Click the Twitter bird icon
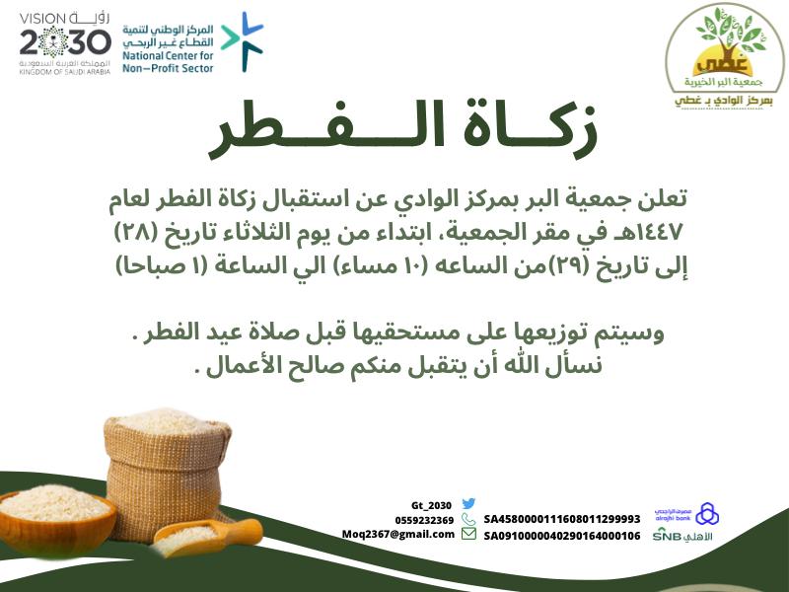pos(469,504)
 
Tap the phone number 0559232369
pos(425,520)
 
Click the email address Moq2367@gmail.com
pos(398,534)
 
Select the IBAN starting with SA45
pos(561,518)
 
